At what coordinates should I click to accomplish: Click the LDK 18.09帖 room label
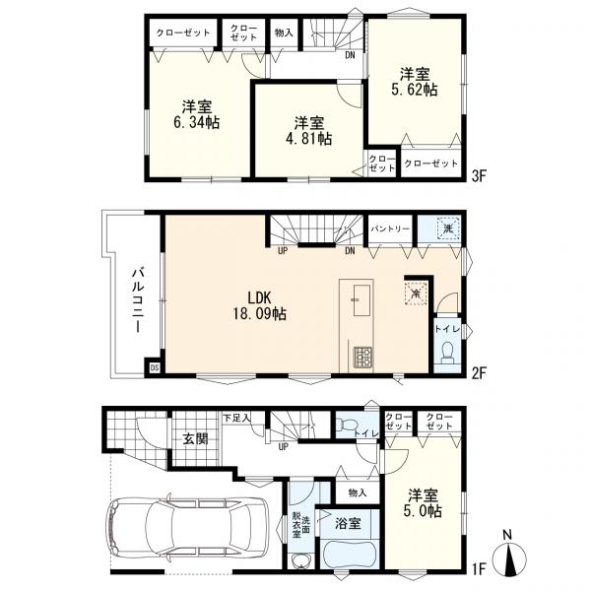[258, 305]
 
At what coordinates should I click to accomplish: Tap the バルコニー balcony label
[138, 300]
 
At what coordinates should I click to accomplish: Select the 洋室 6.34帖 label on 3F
[196, 114]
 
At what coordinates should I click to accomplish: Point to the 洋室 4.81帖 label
[308, 131]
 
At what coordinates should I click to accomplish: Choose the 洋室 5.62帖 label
[415, 82]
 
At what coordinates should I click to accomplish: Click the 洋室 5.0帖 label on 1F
[423, 502]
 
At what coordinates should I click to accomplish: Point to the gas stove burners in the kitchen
[362, 357]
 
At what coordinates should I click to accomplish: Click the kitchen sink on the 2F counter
[361, 300]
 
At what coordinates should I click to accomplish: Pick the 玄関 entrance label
[195, 438]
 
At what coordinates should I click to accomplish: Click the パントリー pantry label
[390, 229]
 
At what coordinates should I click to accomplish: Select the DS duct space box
[155, 367]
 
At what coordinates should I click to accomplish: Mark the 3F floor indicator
[480, 175]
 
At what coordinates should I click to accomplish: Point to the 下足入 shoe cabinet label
[236, 418]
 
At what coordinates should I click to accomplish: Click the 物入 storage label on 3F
[284, 33]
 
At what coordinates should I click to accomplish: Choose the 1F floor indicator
[479, 568]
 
